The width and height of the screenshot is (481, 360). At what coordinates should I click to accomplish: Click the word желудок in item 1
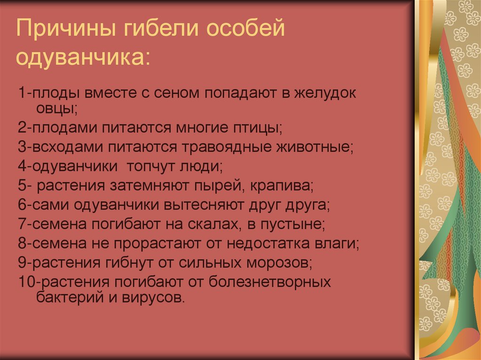(x=326, y=92)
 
